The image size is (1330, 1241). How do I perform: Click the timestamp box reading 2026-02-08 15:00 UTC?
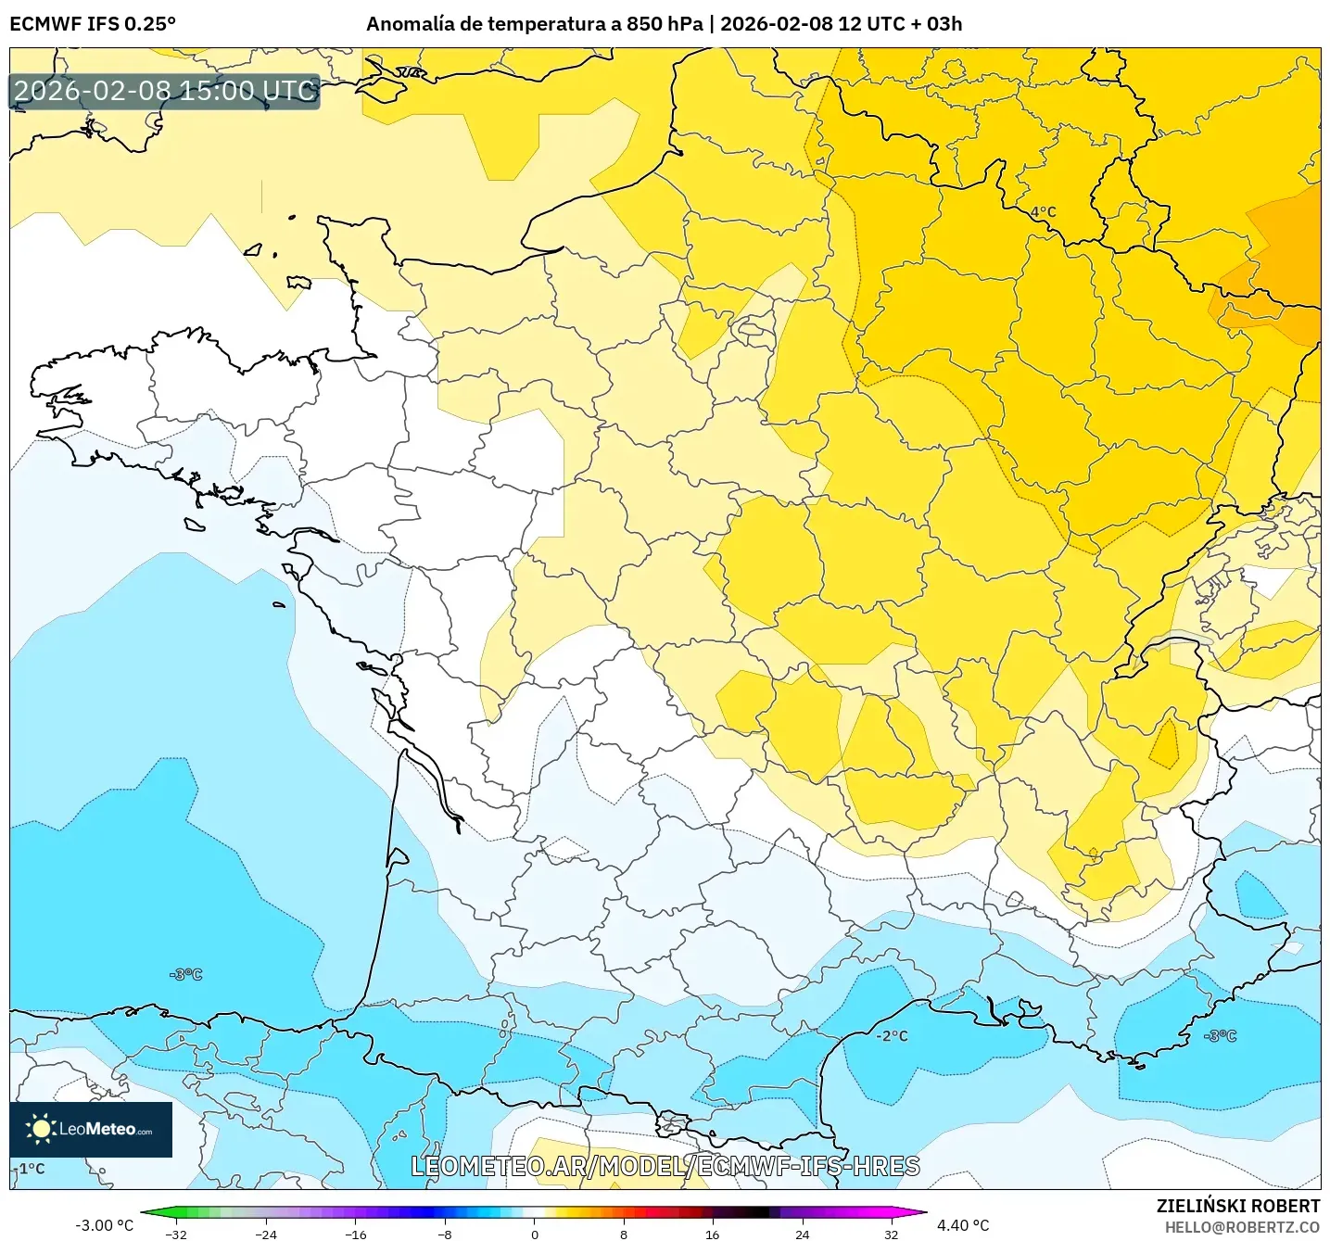pos(165,91)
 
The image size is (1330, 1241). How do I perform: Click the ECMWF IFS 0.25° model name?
pos(93,24)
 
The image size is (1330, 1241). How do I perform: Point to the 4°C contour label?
pos(1043,211)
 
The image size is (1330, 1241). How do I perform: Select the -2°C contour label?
pos(892,1035)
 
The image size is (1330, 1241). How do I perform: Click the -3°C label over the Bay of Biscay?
pos(185,974)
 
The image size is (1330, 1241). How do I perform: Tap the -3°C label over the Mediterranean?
pos(1220,1035)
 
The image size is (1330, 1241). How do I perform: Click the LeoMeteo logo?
pos(91,1129)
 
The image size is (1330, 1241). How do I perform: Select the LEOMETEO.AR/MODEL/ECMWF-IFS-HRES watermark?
pos(665,1166)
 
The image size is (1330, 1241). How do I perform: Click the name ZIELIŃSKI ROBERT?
pos(1238,1206)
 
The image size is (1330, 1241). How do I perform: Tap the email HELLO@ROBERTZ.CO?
pos(1242,1227)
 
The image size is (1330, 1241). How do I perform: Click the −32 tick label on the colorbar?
pos(175,1234)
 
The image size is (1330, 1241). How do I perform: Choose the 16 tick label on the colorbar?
pos(712,1234)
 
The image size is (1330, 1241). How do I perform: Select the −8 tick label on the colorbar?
pos(445,1234)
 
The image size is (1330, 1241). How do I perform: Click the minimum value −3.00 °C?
pos(104,1225)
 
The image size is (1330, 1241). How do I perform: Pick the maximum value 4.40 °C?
pos(963,1225)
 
